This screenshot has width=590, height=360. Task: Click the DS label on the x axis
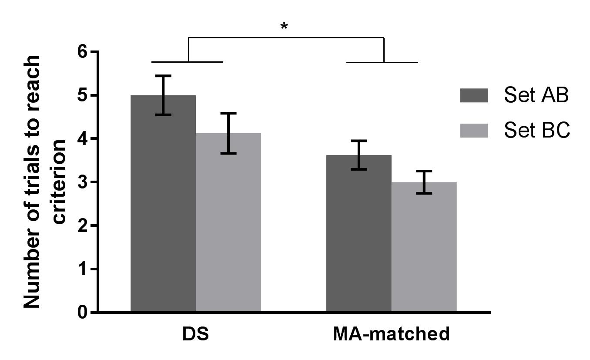coord(195,334)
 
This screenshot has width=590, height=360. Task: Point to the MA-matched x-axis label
coord(391,334)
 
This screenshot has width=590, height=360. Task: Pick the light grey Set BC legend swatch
coord(474,130)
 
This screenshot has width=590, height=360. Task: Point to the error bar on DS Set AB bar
coord(164,95)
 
